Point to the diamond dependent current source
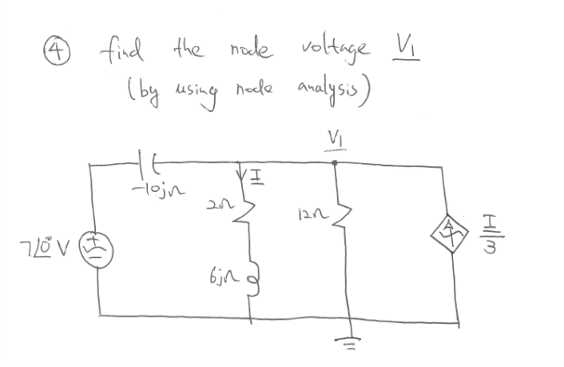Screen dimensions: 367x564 (x=459, y=237)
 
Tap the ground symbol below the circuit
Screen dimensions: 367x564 (x=349, y=337)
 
